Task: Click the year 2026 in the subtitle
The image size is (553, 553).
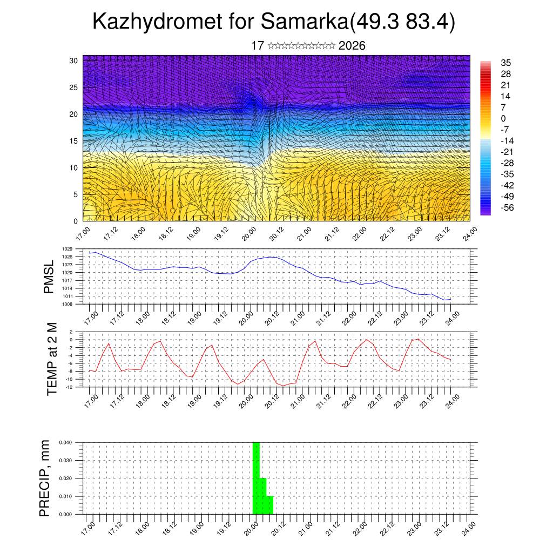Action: pos(352,46)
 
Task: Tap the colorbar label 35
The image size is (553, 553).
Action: pos(505,63)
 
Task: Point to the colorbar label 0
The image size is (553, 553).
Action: pos(503,118)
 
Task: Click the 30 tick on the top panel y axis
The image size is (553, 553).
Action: pos(73,60)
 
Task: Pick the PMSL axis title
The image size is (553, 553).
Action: pos(49,277)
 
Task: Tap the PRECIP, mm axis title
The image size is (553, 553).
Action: pos(45,478)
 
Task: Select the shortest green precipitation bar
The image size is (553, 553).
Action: pos(269,505)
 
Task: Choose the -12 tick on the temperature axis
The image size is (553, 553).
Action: pos(69,387)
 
